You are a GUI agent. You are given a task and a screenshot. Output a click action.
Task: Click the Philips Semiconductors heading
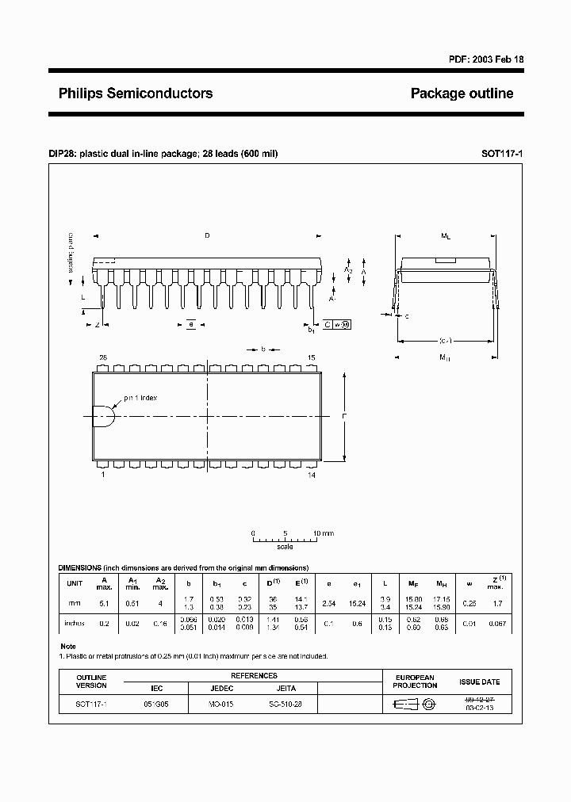(x=136, y=94)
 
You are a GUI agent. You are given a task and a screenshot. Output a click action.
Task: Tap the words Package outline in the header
(x=462, y=94)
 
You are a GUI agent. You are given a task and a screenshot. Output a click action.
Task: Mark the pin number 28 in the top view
(x=102, y=358)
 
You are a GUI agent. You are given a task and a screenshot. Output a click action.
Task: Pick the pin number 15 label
(x=312, y=358)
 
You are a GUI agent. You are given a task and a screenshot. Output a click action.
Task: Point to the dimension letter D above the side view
(x=208, y=235)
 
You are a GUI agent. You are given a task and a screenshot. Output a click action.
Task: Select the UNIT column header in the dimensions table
(x=75, y=583)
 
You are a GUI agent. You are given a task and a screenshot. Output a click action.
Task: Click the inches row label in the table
(x=75, y=623)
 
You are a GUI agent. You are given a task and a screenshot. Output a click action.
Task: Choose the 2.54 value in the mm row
(x=328, y=604)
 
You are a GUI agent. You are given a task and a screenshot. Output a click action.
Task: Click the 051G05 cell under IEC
(x=155, y=703)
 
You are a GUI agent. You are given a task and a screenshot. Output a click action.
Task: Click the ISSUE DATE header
(x=479, y=682)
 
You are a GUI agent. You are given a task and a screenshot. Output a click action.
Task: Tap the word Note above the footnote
(x=68, y=647)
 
